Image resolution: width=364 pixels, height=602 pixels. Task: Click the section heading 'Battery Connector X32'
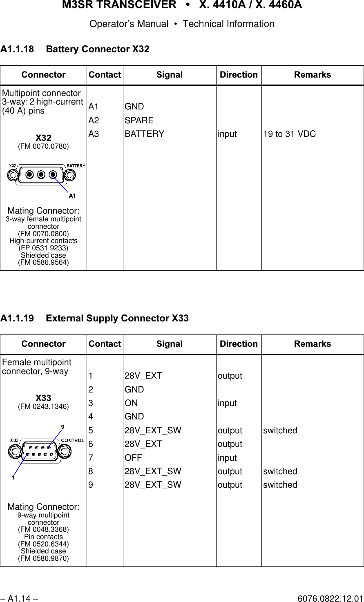[98, 49]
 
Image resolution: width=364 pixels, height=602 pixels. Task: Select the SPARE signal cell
[139, 120]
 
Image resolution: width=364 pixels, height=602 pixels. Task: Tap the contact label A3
[94, 134]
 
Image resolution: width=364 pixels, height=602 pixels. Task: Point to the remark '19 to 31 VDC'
[289, 134]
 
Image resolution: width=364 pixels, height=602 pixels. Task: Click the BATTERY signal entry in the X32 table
[144, 134]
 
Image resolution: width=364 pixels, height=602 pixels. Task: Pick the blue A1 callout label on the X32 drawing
[72, 196]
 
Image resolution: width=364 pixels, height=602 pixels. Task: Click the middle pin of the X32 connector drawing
[41, 175]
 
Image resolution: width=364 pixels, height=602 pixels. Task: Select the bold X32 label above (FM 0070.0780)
[43, 138]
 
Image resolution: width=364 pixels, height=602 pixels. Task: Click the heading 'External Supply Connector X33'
[117, 319]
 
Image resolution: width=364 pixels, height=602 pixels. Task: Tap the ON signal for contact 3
[131, 403]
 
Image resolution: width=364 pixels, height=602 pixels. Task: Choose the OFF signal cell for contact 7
[133, 458]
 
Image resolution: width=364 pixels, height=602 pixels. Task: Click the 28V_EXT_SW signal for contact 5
[152, 430]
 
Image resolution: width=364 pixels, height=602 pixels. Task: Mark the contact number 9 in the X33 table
[91, 485]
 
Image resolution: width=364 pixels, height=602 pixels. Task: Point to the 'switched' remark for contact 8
[280, 471]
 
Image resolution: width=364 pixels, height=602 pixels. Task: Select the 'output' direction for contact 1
[230, 376]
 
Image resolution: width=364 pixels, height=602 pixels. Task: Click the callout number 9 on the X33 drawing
[63, 427]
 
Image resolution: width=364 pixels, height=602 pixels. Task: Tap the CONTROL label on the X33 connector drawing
[73, 440]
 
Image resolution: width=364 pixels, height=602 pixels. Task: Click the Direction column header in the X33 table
[239, 344]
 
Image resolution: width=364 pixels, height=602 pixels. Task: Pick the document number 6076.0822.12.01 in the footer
[330, 599]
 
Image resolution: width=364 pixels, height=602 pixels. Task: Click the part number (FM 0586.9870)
[43, 558]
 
